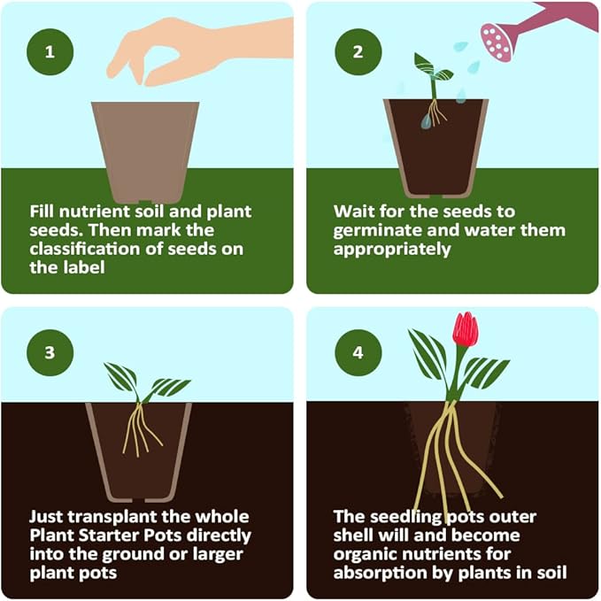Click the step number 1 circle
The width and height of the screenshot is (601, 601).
pyautogui.click(x=50, y=50)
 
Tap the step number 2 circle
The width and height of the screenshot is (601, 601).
pyautogui.click(x=358, y=50)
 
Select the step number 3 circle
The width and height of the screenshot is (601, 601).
pyautogui.click(x=50, y=352)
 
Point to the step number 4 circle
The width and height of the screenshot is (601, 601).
pyautogui.click(x=358, y=352)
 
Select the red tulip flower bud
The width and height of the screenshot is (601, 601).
pyautogui.click(x=465, y=329)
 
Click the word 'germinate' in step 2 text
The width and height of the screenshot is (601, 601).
pyautogui.click(x=375, y=230)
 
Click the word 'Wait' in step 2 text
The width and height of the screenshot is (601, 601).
pyautogui.click(x=353, y=212)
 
